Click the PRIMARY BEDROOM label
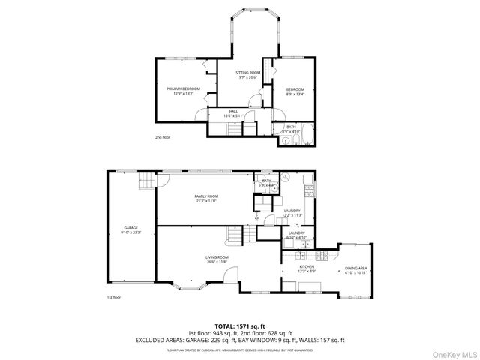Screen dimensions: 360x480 183,89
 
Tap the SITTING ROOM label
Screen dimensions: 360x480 247,73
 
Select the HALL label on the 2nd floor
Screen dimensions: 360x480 233,111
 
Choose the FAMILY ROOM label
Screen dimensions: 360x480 205,196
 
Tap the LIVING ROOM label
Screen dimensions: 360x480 216,257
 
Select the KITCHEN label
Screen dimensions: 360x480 307,267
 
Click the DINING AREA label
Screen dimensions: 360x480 355,268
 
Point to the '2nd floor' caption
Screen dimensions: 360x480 163,138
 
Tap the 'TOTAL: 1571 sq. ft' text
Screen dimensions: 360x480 240,326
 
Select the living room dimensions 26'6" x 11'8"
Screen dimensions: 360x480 216,262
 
